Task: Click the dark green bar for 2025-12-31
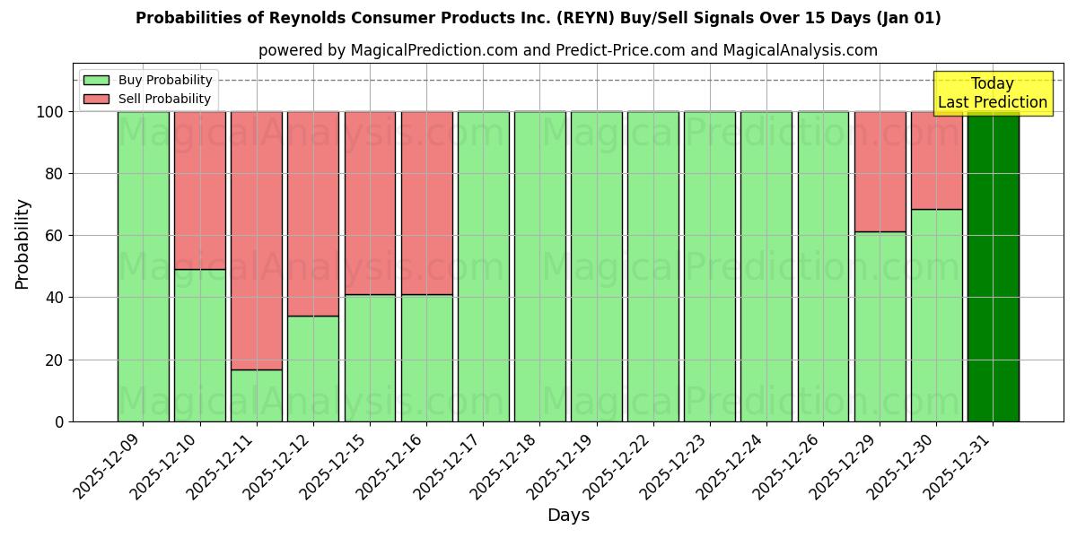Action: (x=993, y=266)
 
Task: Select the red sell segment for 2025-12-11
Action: (x=257, y=240)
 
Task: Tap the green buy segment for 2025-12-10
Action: (x=200, y=345)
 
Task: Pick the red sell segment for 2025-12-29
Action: (x=880, y=171)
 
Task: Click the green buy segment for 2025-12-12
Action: (x=313, y=369)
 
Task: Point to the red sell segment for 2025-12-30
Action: (x=936, y=161)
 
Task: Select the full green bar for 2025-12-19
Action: (x=596, y=266)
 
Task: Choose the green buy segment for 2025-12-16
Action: (x=426, y=358)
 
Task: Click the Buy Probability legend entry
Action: (x=148, y=80)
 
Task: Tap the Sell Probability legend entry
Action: (x=148, y=99)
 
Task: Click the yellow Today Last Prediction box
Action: (x=992, y=93)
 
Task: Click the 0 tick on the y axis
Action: (x=59, y=421)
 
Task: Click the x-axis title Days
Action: (x=568, y=516)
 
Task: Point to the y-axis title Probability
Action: (x=22, y=244)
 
